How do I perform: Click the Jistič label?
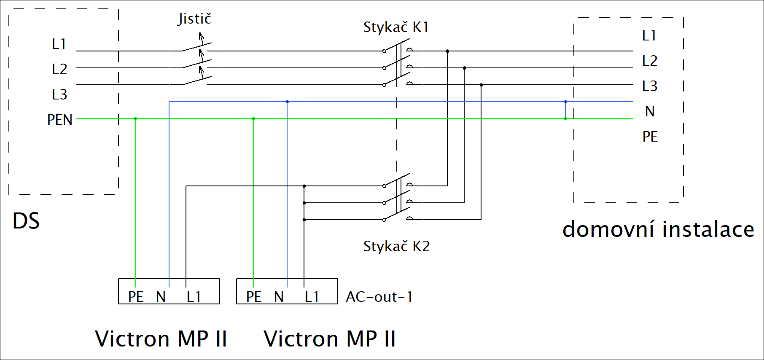(x=194, y=19)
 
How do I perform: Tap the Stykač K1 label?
(x=396, y=27)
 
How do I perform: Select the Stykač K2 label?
(x=396, y=247)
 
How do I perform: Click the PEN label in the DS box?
(x=60, y=120)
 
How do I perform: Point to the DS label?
(x=26, y=221)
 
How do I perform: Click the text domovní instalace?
(x=658, y=230)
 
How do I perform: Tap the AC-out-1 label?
(x=379, y=297)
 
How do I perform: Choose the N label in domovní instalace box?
(x=650, y=111)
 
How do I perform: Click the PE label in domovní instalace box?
(x=650, y=137)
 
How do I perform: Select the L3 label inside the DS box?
(x=59, y=94)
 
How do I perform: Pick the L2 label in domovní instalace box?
(x=650, y=61)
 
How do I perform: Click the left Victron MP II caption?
(x=161, y=339)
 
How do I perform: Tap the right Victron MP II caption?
(x=330, y=339)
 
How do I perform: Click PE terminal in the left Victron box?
(x=136, y=297)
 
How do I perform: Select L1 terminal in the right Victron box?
(x=312, y=297)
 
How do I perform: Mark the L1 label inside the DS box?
(x=59, y=44)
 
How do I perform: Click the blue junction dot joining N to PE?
(x=565, y=102)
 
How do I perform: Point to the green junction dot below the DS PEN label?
(x=135, y=118)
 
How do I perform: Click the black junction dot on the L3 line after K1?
(x=481, y=85)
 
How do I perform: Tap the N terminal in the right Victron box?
(x=279, y=297)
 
